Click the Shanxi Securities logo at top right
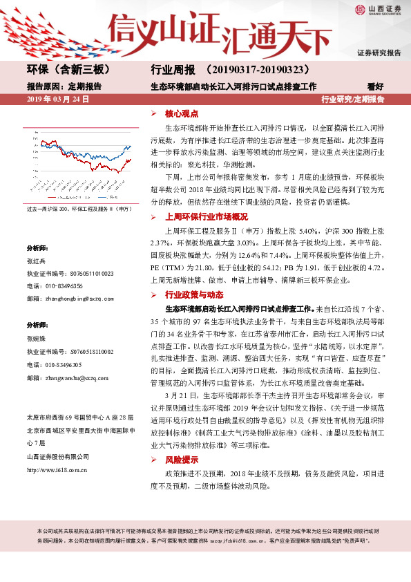tap(379, 9)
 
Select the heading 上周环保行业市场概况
tap(203, 216)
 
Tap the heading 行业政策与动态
tap(191, 294)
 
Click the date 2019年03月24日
tap(58, 100)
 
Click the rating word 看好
tap(375, 87)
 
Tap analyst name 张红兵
tap(35, 261)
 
